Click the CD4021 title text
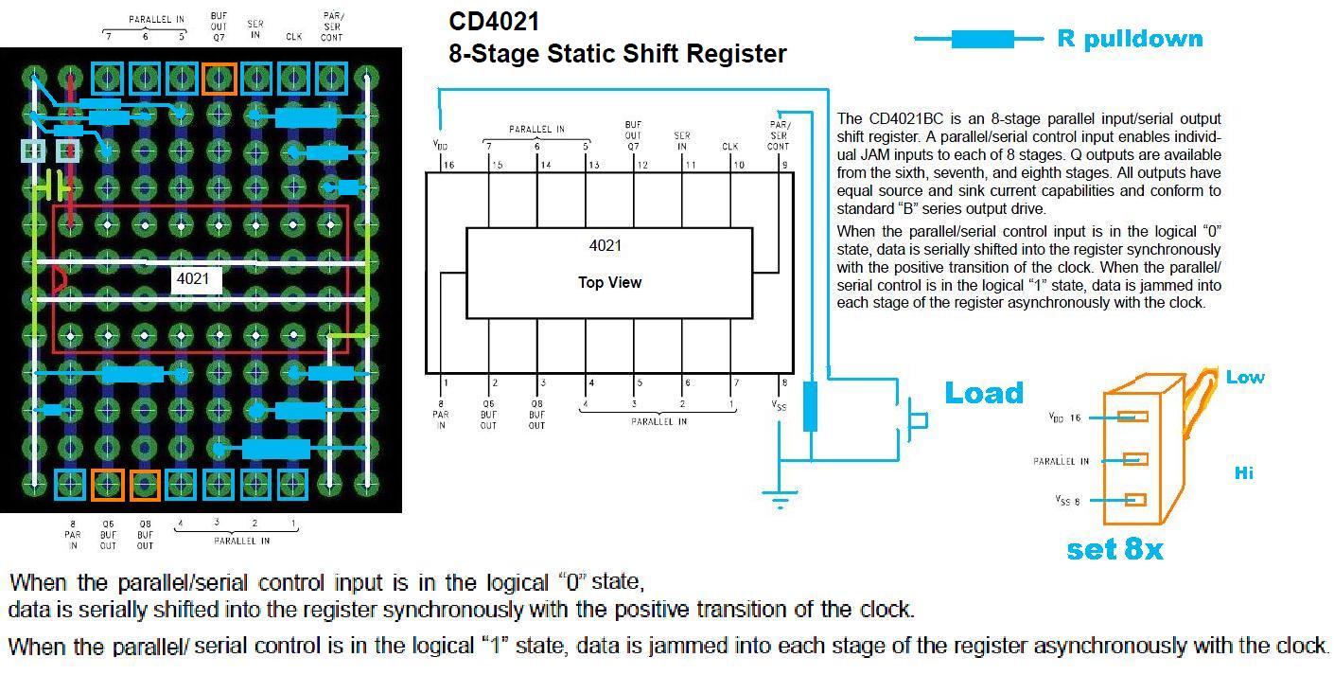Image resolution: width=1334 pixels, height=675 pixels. click(494, 21)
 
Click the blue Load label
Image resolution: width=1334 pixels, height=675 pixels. click(984, 393)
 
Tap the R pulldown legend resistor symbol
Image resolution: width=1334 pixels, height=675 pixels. click(982, 39)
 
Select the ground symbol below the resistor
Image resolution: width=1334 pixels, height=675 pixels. click(780, 500)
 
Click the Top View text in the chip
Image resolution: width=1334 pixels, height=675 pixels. click(609, 282)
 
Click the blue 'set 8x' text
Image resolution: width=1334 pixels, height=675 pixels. click(1115, 549)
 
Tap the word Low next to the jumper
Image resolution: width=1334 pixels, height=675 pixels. click(1244, 377)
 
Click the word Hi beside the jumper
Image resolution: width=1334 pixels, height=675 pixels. click(1243, 471)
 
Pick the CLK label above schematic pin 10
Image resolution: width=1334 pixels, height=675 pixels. click(729, 147)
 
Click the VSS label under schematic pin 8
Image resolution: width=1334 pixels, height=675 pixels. click(779, 405)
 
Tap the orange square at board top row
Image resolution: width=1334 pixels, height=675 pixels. click(219, 79)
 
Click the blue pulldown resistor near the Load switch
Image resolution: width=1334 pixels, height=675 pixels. click(810, 406)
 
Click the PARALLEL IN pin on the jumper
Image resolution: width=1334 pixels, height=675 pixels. click(1134, 459)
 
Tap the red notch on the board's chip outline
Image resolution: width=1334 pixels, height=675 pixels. click(59, 279)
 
